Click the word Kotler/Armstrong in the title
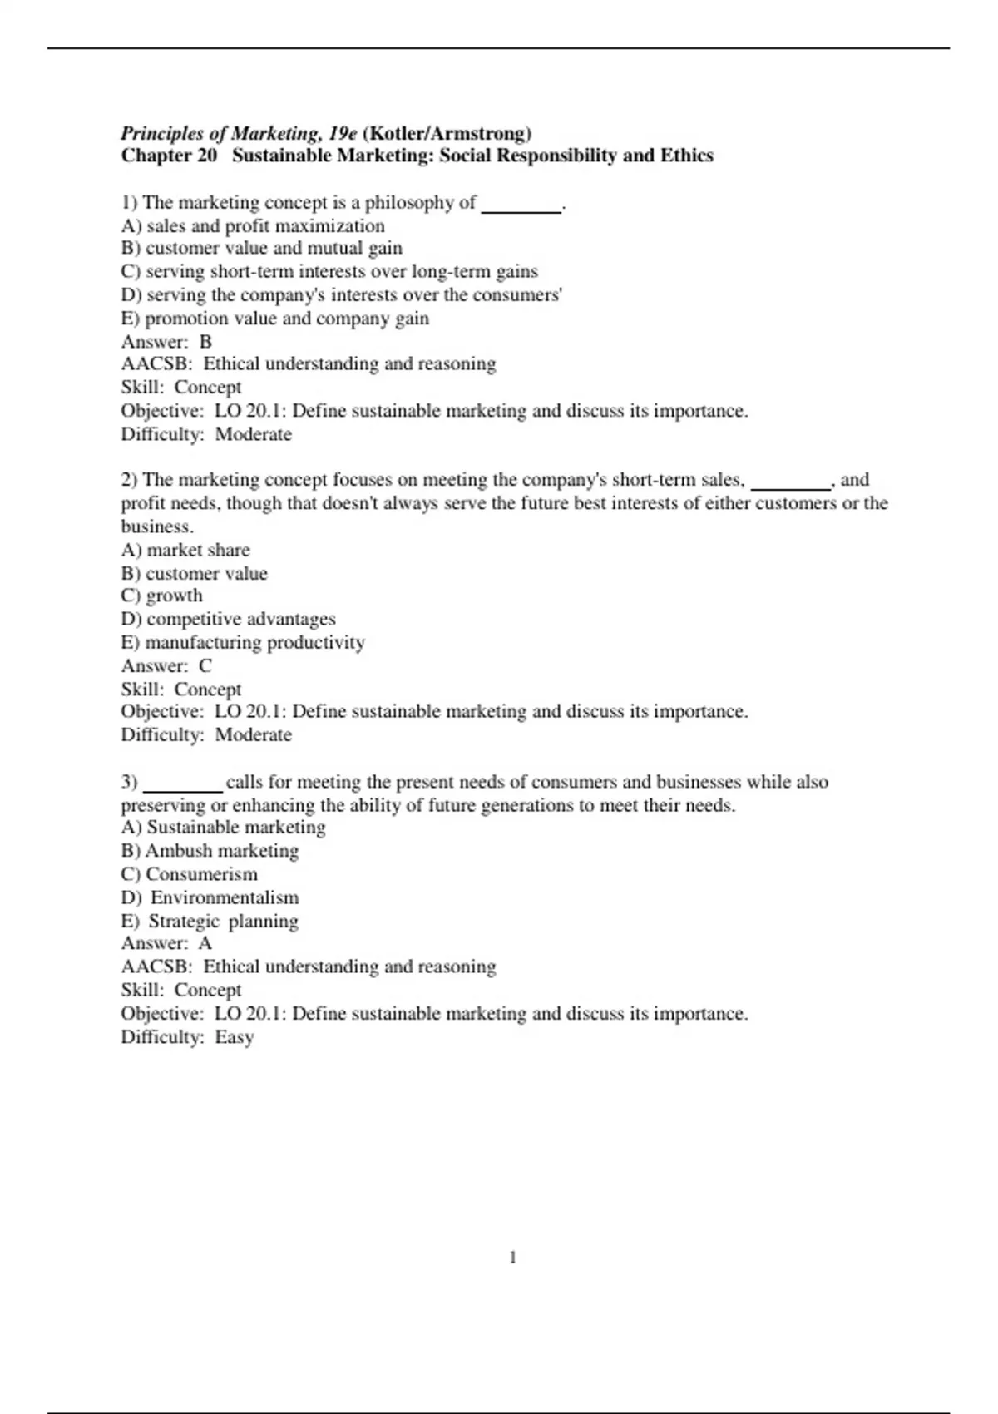pos(447,133)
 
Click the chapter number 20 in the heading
pos(207,156)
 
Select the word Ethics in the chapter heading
pos(687,156)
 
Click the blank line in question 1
pos(521,205)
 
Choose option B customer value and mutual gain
pos(262,248)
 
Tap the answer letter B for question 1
pos(205,342)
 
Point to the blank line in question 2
pos(790,482)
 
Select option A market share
pos(185,550)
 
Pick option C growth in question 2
pos(162,596)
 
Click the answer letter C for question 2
pos(205,666)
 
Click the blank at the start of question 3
pos(182,784)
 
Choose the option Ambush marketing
pos(210,851)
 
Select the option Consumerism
pos(190,874)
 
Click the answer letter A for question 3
pos(205,943)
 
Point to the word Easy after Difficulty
pos(235,1037)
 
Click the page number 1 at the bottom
pos(512,1258)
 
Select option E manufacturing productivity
pos(243,642)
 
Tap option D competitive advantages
pos(229,619)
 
